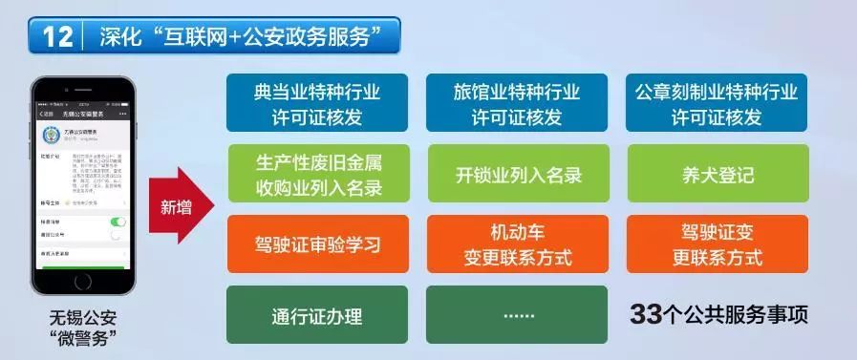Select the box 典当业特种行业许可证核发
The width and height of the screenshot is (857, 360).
317,103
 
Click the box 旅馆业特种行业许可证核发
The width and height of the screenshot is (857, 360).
517,103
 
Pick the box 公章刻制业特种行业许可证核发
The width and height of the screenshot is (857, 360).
717,103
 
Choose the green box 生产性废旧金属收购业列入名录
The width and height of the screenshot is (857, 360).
317,174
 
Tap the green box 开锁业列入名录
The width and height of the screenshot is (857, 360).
517,175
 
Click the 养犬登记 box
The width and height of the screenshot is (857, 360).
717,175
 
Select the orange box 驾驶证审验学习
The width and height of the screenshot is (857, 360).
317,244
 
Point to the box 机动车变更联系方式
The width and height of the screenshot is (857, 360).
517,244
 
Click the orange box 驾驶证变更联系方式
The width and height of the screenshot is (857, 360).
717,244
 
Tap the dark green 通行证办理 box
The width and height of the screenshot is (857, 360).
317,315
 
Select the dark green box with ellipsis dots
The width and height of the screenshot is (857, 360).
517,315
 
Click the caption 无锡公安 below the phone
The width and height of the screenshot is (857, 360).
83,317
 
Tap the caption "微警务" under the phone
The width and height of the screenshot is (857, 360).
83,339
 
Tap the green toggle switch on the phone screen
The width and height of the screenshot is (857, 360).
118,222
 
